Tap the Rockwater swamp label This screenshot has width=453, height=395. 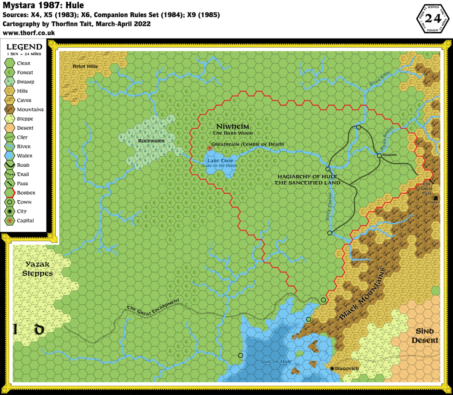(x=151, y=141)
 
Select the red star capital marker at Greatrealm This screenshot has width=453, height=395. (x=210, y=148)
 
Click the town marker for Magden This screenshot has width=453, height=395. (x=379, y=155)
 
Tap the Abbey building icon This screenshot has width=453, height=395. (x=436, y=198)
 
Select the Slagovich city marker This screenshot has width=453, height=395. (x=332, y=368)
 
